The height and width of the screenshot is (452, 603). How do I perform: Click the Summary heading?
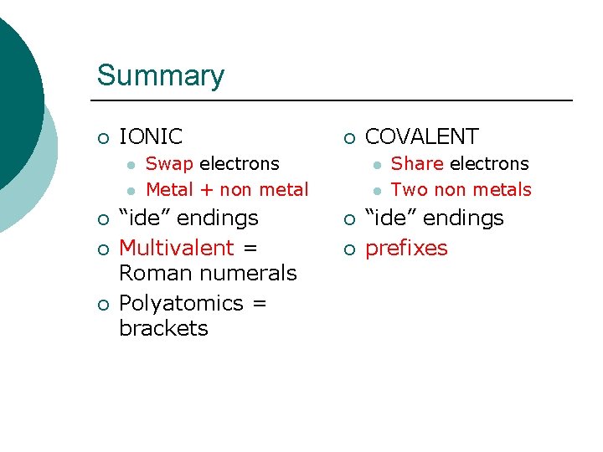[x=160, y=75]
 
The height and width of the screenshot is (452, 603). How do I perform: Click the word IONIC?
[x=151, y=136]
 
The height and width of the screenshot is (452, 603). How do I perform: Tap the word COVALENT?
[x=421, y=136]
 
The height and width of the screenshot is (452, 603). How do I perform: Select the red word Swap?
[x=169, y=163]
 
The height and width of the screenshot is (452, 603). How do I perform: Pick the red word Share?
[x=417, y=163]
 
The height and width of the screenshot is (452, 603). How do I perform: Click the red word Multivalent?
[x=176, y=248]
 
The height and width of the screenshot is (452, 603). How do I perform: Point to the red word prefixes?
[x=406, y=248]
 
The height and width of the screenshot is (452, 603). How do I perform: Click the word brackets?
[x=163, y=327]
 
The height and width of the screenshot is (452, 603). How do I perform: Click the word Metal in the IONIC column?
[x=169, y=190]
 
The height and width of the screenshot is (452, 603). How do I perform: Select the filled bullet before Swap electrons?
[x=130, y=165]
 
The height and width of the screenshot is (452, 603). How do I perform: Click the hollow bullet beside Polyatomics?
[x=102, y=304]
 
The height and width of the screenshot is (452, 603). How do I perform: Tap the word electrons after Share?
[x=490, y=163]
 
